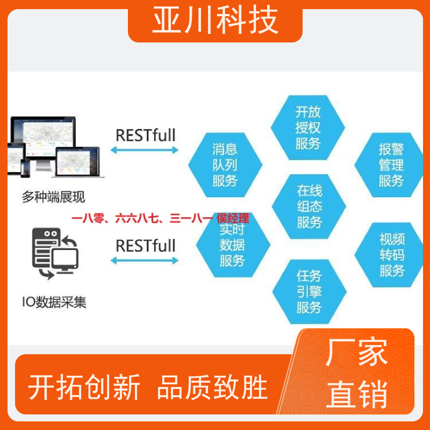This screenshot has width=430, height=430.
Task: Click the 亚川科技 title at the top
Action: point(216,20)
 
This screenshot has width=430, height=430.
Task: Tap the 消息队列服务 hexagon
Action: point(225,165)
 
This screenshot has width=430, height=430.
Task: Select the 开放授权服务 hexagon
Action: point(307,127)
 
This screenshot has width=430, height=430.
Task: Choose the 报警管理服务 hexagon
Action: point(389,165)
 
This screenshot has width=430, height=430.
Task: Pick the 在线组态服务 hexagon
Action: point(309,206)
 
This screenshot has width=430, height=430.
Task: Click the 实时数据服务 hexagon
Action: point(233,246)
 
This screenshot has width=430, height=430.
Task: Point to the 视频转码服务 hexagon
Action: point(389,255)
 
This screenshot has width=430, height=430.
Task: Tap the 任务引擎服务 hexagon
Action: point(310,292)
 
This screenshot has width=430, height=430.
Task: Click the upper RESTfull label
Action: point(146,135)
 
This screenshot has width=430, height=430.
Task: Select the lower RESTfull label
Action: point(146,246)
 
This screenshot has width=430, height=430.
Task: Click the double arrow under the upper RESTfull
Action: point(145,150)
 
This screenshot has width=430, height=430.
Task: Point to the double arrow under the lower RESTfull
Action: point(145,261)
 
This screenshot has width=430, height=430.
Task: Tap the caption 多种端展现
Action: point(53,197)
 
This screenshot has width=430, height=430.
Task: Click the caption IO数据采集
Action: point(54,302)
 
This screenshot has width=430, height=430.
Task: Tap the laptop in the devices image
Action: point(78,162)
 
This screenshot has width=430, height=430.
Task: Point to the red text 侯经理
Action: point(233,219)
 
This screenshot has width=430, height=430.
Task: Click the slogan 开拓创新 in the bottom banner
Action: point(84,387)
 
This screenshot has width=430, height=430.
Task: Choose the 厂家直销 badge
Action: point(356,373)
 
